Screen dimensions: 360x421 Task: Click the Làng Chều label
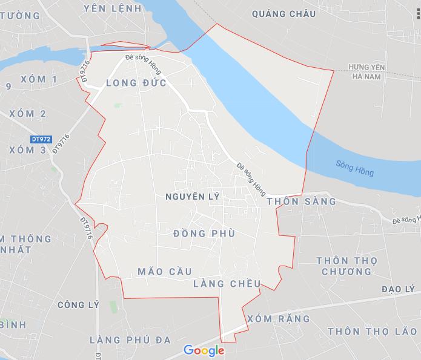(228, 284)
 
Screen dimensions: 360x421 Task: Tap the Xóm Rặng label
(279, 318)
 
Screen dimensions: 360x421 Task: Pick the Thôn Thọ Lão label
(372, 332)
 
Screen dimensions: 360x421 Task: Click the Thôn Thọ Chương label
(346, 266)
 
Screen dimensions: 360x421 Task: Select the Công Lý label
(78, 305)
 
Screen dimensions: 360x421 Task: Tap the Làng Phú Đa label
(130, 339)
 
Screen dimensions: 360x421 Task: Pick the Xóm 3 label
(28, 149)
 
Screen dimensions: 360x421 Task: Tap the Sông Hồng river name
(354, 168)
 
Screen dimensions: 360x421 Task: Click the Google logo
(204, 350)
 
